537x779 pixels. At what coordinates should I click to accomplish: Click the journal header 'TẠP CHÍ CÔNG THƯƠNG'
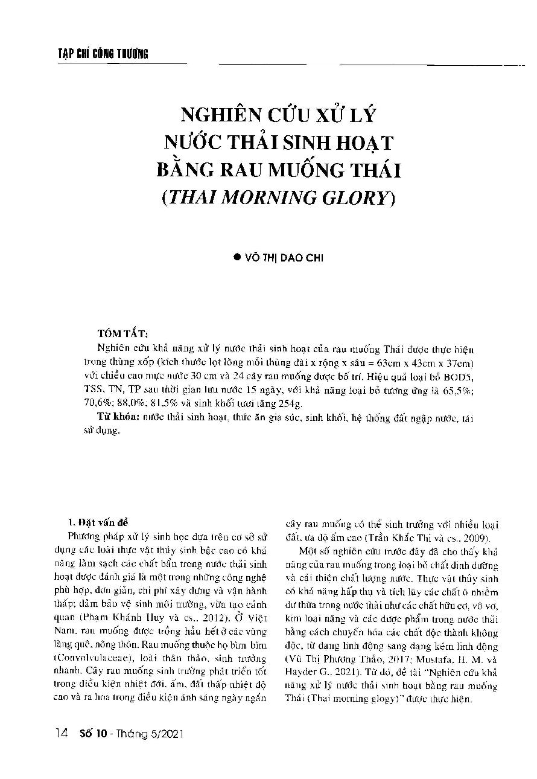(x=99, y=55)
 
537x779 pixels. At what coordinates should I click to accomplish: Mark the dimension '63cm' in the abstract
(x=389, y=362)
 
